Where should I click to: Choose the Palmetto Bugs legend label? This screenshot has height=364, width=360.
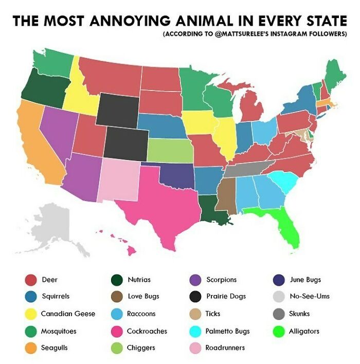[227, 331]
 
